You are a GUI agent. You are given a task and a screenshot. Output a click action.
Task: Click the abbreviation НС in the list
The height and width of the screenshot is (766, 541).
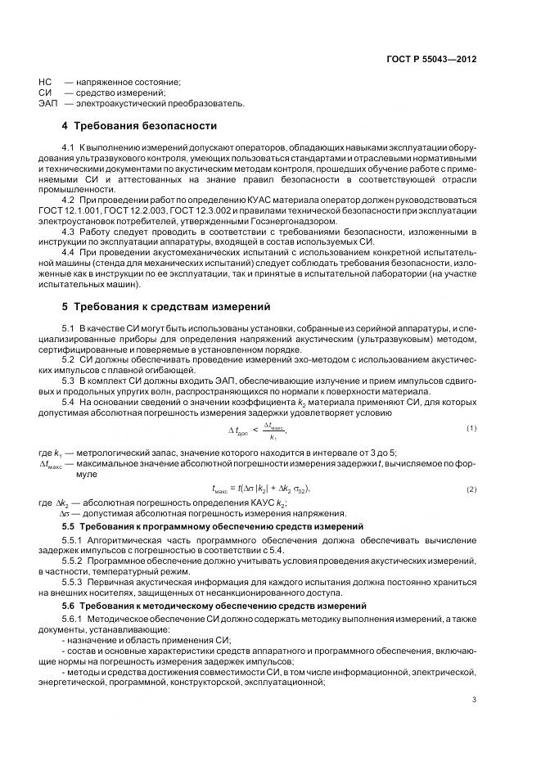(x=45, y=82)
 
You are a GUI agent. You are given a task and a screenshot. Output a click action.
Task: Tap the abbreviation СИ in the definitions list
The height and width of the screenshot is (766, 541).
(x=45, y=92)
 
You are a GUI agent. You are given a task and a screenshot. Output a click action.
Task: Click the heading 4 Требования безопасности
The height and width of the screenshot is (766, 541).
(x=140, y=126)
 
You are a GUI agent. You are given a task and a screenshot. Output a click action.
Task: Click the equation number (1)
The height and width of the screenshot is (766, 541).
(x=471, y=428)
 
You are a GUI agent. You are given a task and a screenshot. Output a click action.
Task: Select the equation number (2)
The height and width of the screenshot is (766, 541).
(x=471, y=489)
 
